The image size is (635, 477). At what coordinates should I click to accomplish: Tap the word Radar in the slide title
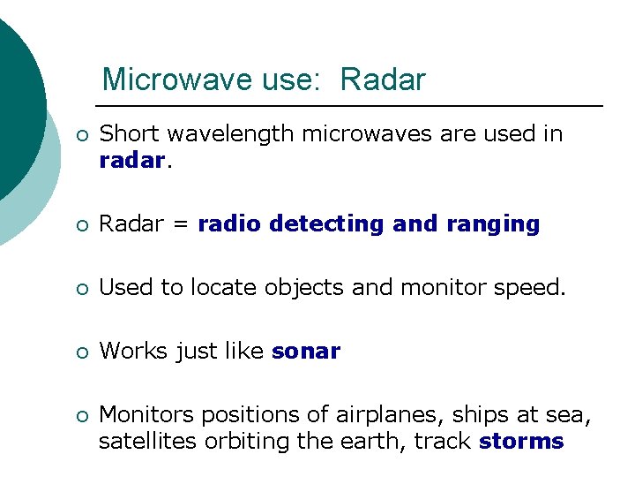(382, 80)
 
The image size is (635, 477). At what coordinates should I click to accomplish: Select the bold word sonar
(306, 351)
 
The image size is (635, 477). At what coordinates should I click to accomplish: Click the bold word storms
(521, 441)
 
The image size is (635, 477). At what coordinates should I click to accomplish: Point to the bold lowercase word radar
(131, 160)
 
